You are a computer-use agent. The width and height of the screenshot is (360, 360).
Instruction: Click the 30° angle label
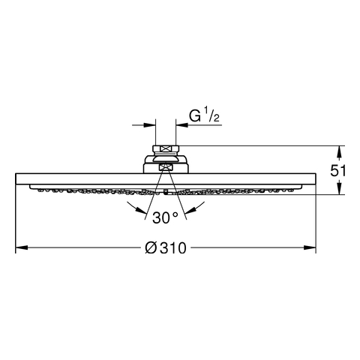tap(165, 217)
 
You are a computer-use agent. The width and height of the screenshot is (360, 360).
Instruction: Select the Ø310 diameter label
tap(166, 248)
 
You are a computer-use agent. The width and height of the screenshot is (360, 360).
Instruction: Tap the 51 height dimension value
tap(338, 171)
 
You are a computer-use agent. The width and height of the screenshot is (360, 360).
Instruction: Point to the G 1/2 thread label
tap(204, 115)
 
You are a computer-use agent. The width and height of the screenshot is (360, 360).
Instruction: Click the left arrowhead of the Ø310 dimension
tap(22, 247)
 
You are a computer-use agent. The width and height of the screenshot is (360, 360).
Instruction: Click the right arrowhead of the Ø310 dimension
tap(310, 247)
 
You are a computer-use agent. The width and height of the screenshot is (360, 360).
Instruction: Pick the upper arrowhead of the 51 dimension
tap(339, 151)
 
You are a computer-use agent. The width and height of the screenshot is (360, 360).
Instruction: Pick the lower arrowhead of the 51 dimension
tap(339, 188)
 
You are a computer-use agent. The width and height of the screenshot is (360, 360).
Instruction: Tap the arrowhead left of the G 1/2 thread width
tap(150, 124)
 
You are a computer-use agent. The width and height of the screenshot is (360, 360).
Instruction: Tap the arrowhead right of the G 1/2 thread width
tap(182, 124)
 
